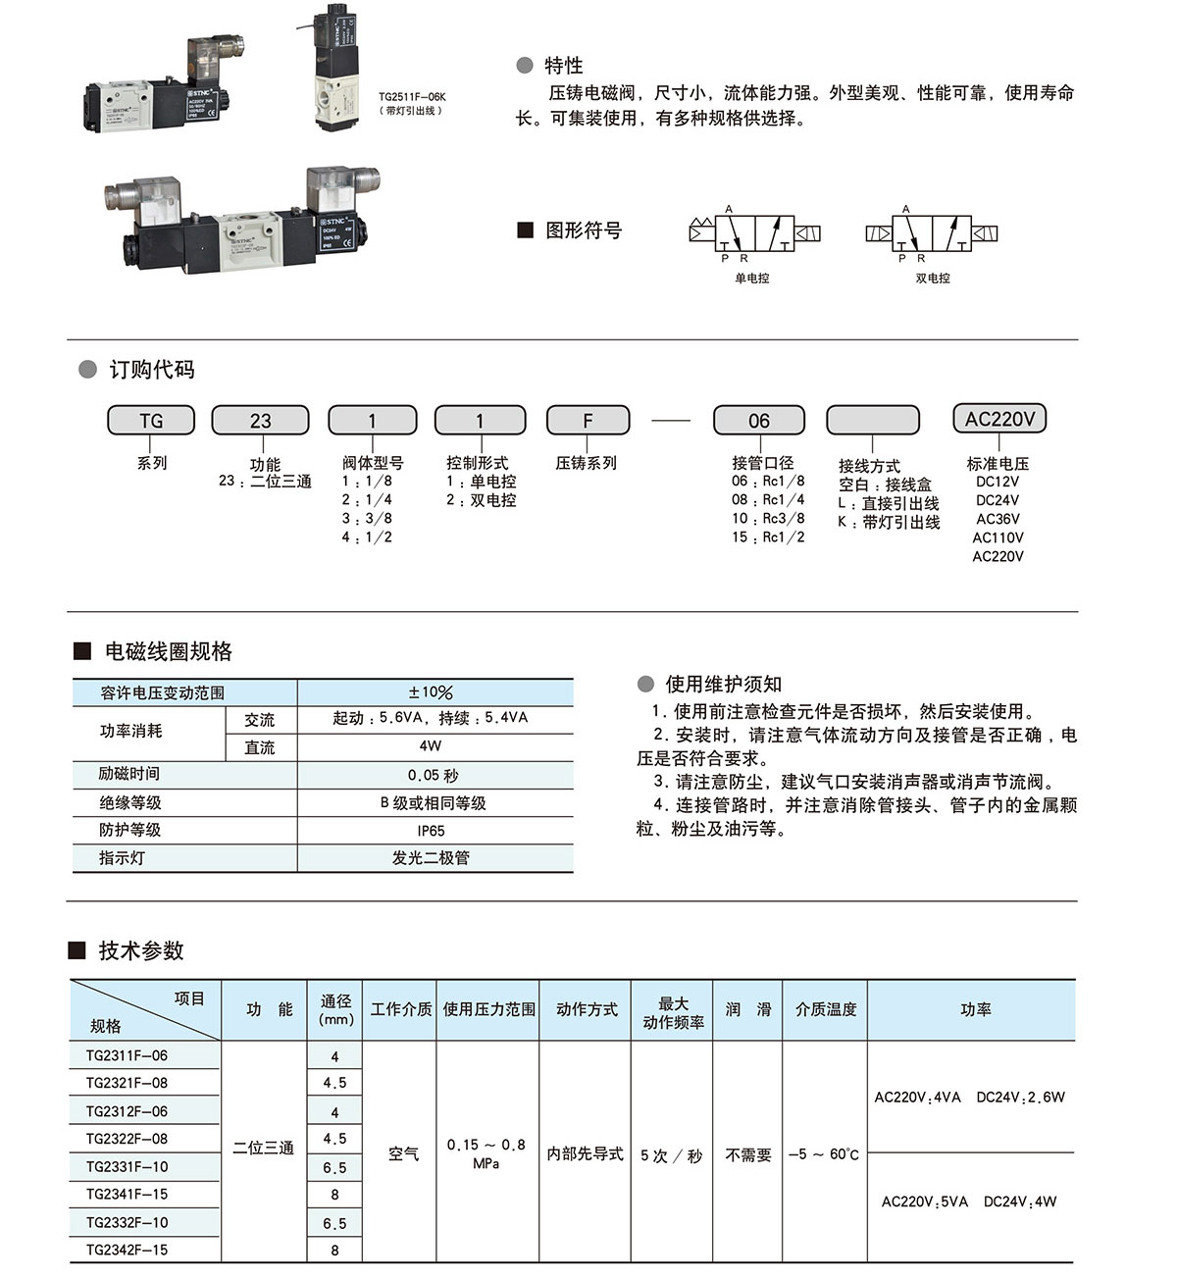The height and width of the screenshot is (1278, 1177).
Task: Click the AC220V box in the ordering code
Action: click(999, 419)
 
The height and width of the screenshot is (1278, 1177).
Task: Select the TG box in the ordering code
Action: click(151, 421)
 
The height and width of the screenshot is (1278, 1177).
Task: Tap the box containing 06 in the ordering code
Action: click(759, 421)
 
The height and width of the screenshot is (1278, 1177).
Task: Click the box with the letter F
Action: click(588, 421)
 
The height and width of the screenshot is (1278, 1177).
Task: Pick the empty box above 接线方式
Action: click(873, 421)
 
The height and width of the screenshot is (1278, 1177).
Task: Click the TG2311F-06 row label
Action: click(127, 1055)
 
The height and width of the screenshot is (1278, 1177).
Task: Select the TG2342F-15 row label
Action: click(127, 1250)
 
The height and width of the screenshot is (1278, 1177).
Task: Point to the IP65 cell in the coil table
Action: click(431, 831)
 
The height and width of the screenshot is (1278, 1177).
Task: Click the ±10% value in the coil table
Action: click(431, 692)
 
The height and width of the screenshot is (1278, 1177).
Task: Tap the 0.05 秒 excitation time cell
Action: click(433, 775)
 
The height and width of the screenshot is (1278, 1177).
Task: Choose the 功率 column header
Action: click(975, 1009)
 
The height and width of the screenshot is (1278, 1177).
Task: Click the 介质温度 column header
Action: click(826, 1009)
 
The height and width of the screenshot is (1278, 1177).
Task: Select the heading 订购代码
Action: click(151, 370)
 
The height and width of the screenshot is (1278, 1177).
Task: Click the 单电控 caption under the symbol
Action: click(752, 279)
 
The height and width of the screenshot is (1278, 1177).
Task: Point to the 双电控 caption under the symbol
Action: click(933, 279)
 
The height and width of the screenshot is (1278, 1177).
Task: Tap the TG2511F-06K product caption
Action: click(412, 98)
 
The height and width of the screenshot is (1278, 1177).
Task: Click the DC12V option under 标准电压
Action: click(998, 482)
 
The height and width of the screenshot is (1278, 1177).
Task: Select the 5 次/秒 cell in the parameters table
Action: click(672, 1155)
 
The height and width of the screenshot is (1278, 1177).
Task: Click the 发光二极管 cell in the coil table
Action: click(431, 858)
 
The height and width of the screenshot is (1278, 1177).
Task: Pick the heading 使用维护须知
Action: click(723, 685)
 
